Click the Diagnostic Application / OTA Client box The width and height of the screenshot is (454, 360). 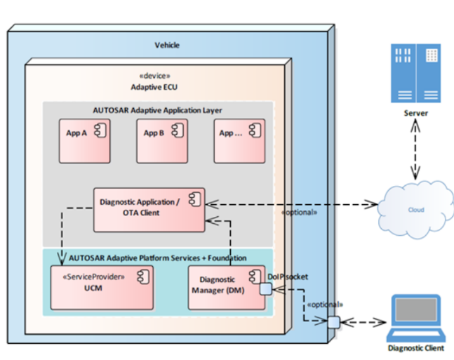coord(149,209)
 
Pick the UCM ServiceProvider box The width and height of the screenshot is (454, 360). coord(102,286)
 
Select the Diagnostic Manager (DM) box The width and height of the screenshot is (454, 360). coord(225,286)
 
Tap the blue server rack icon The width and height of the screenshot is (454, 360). coord(416,74)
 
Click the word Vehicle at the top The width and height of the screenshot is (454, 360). coord(167,45)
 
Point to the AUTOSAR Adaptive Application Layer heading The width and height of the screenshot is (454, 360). coord(157,110)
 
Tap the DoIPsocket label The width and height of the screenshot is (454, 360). coord(286,276)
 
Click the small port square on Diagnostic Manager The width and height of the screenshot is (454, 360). coord(266,288)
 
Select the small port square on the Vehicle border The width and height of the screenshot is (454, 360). coord(332,323)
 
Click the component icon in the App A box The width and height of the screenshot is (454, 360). coord(100,132)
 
